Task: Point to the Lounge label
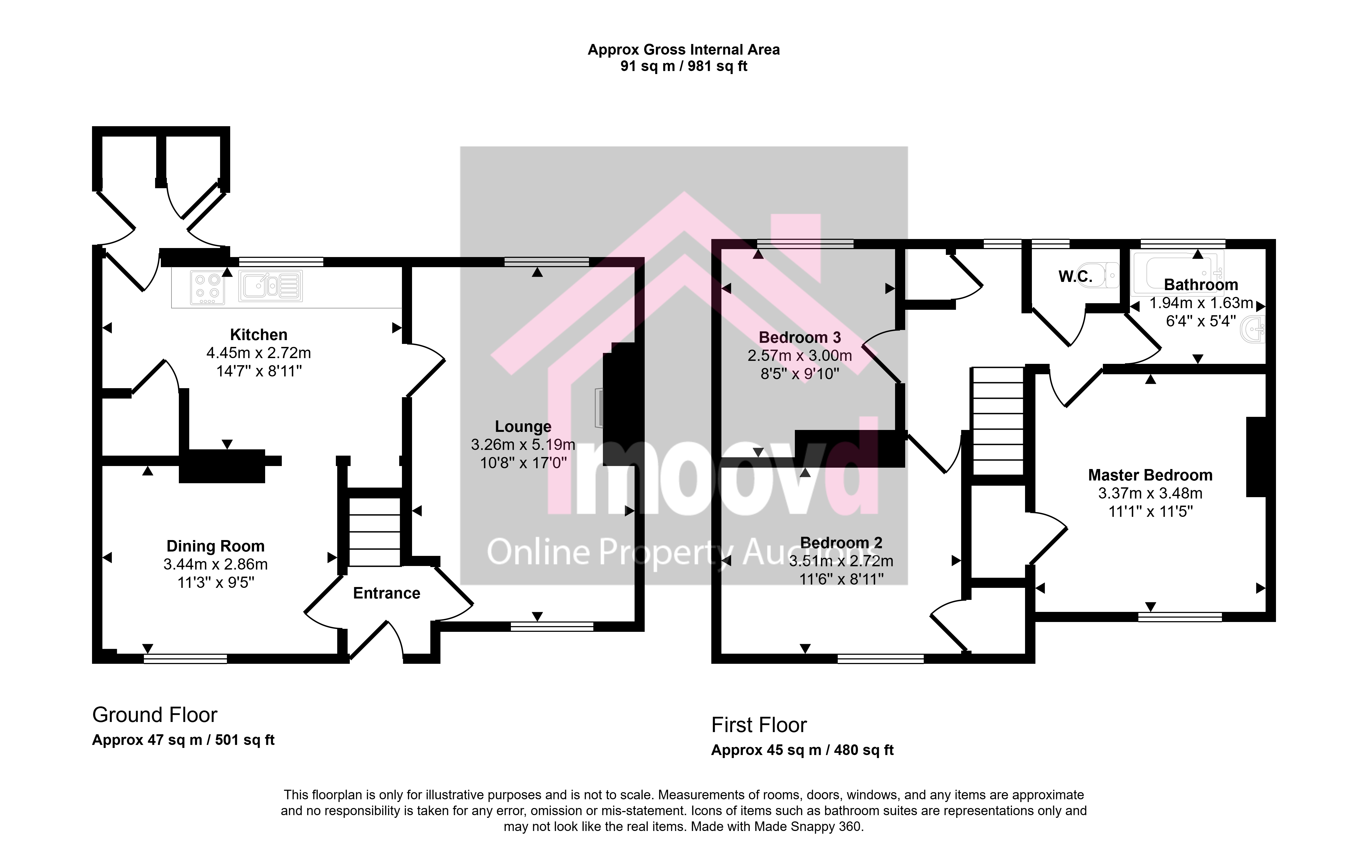coord(523,427)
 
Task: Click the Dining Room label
coord(215,546)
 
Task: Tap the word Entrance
coord(387,593)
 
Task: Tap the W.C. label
coord(1075,276)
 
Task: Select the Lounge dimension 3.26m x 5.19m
coord(523,445)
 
